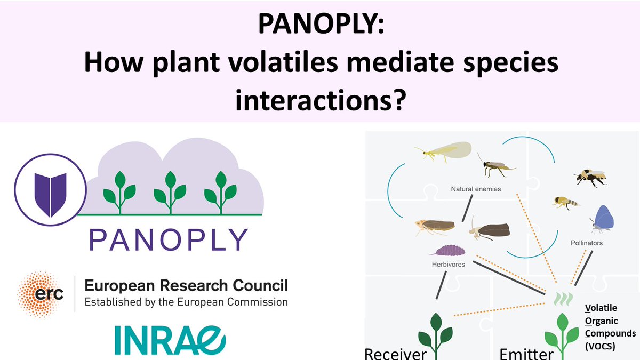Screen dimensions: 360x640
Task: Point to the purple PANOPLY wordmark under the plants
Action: pos(169,240)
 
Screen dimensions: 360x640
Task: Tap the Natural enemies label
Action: pos(476,189)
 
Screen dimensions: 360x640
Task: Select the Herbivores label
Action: pos(449,264)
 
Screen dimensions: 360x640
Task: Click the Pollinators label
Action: pos(586,243)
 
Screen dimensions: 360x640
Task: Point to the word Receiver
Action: pos(396,353)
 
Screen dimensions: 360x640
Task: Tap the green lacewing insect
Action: pos(443,152)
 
